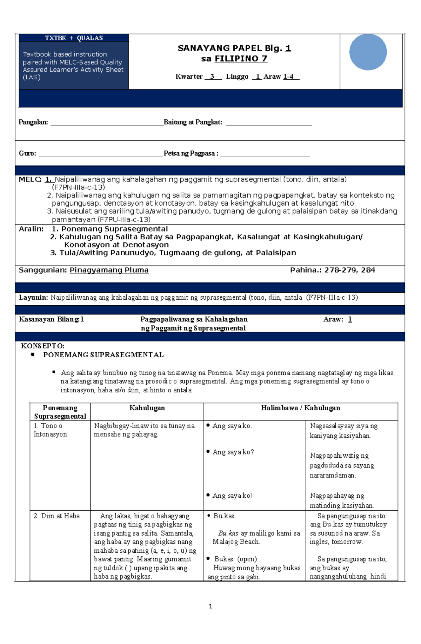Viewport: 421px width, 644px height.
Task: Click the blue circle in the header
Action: coord(368,52)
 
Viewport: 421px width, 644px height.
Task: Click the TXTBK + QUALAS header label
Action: coord(74,38)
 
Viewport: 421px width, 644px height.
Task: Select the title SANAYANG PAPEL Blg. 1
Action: coord(234,48)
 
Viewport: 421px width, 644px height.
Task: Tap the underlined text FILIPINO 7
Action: coord(241,59)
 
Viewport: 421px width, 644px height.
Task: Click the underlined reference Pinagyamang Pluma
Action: coord(109,270)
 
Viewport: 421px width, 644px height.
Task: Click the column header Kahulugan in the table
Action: coord(147,408)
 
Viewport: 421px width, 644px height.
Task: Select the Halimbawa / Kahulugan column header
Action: coord(300,408)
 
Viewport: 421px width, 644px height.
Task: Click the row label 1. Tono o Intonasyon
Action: coord(50,430)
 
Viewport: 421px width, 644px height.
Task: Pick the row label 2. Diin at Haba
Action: coord(57,516)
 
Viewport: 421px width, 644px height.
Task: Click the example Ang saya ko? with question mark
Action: coord(233,452)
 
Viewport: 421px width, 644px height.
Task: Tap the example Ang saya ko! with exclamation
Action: coord(232,496)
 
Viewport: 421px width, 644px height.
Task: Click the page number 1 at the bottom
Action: coord(210,606)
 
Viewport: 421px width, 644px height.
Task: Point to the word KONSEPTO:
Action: coord(42,346)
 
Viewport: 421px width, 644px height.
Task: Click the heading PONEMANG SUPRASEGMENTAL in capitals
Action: coord(103,355)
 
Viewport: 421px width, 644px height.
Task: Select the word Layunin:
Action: coord(33,298)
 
